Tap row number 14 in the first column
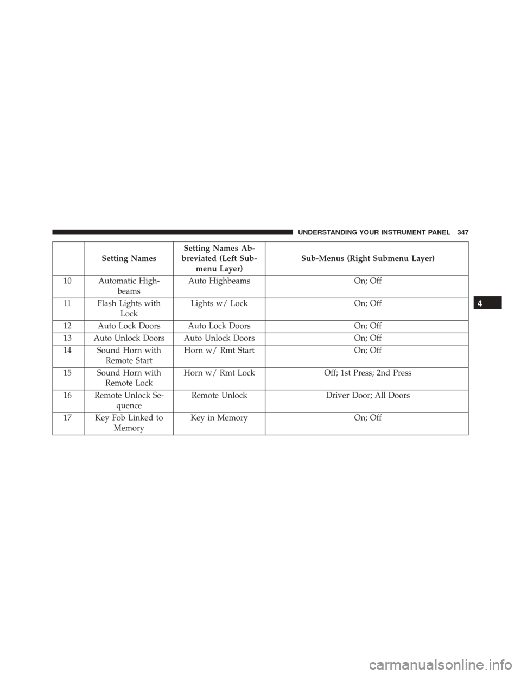[x=68, y=351]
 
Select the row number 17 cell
[x=68, y=418]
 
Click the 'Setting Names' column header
[x=129, y=258]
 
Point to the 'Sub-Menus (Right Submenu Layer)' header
[x=367, y=258]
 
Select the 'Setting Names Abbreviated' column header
[x=219, y=258]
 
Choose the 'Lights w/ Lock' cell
[x=219, y=303]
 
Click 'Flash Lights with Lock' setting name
[x=129, y=308]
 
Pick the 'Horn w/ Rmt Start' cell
[x=219, y=351]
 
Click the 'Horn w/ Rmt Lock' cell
[x=219, y=373]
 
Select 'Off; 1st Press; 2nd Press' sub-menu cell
[x=367, y=373]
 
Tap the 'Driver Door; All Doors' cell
[x=367, y=395]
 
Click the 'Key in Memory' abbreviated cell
[x=219, y=418]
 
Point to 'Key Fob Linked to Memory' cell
[x=129, y=423]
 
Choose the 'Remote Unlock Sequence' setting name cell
[x=129, y=400]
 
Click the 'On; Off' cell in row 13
[x=367, y=338]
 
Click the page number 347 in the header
[x=462, y=231]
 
